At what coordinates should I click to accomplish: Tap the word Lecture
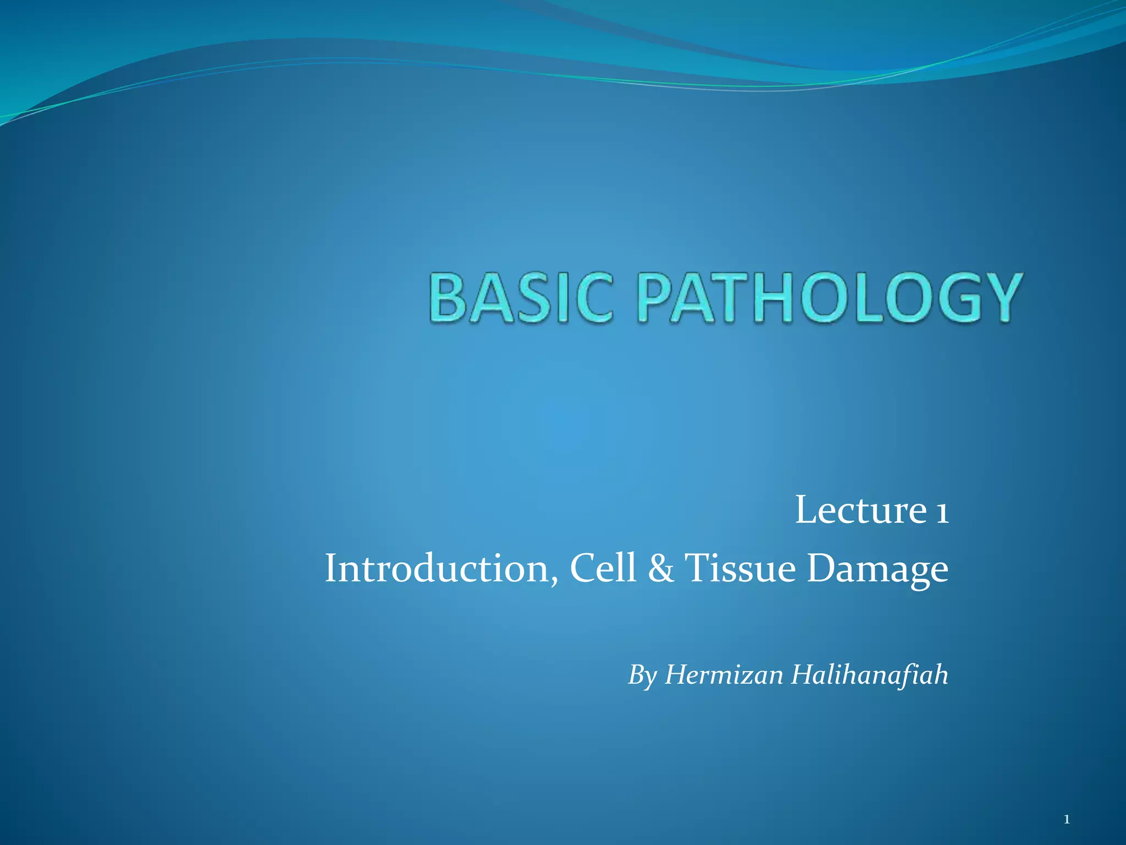[860, 511]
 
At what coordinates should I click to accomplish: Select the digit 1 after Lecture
[941, 512]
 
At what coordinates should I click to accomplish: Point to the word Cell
[603, 568]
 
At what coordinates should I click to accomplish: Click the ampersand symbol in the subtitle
[660, 568]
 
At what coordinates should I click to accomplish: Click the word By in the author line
[642, 676]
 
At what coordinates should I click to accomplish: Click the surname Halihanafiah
[869, 674]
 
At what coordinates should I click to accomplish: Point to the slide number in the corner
[1067, 820]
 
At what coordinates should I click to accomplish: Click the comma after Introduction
[554, 580]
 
